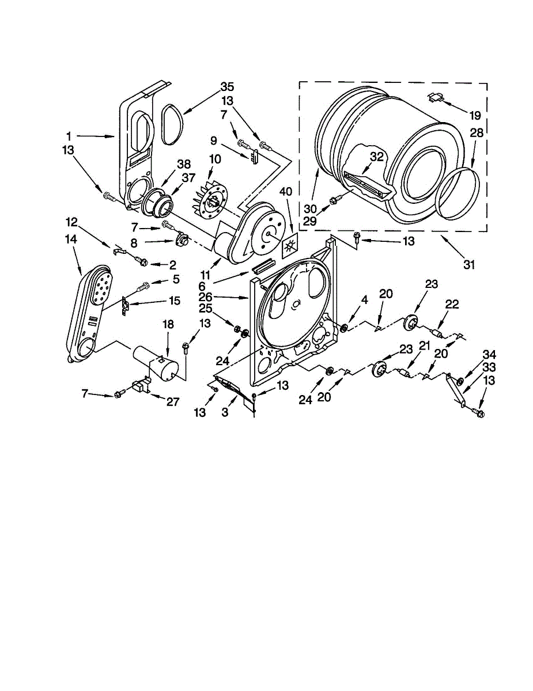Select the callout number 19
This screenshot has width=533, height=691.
pyautogui.click(x=474, y=115)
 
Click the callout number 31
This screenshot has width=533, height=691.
pyautogui.click(x=470, y=264)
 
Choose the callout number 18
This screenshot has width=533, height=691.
pyautogui.click(x=168, y=325)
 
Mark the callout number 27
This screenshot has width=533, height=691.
pyautogui.click(x=172, y=402)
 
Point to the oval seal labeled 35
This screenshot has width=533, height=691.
pyautogui.click(x=171, y=123)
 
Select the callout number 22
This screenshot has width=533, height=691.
pyautogui.click(x=452, y=304)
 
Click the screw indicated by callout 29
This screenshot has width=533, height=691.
pyautogui.click(x=333, y=200)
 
